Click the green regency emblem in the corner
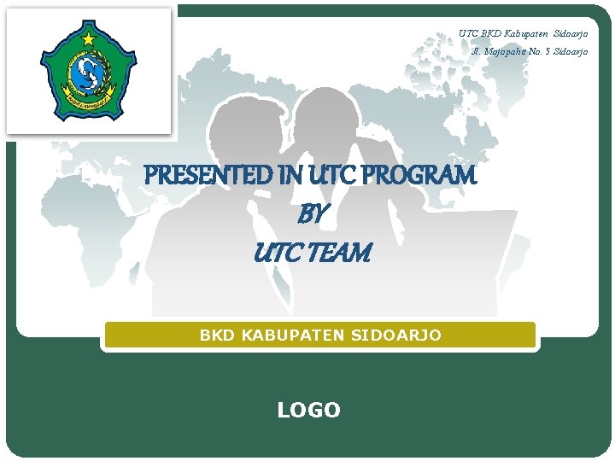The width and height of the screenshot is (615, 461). point(88,72)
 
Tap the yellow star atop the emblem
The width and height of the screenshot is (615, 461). point(88,39)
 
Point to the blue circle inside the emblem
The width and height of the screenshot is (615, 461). point(87,74)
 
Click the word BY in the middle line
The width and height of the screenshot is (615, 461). point(311,214)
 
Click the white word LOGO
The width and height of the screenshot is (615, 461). point(308,411)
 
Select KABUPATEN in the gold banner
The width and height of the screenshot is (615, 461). point(290,336)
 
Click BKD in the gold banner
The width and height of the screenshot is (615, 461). point(216,336)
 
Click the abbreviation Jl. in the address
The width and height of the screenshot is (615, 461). point(477,52)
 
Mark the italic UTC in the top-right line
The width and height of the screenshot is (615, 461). point(468,34)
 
